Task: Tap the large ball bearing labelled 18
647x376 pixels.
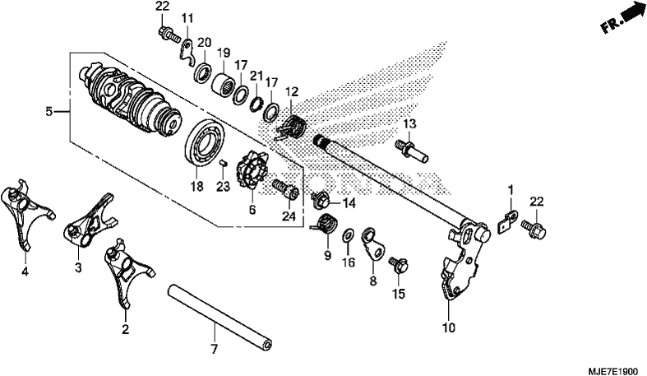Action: click(205, 142)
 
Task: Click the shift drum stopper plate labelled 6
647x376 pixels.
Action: click(252, 172)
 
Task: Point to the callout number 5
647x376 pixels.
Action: click(49, 111)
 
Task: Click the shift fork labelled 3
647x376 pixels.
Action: click(90, 220)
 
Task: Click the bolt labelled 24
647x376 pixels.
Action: click(285, 190)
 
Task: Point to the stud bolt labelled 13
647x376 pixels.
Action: click(411, 151)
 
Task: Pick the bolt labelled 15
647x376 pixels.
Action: click(399, 265)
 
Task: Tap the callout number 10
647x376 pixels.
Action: click(449, 327)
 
